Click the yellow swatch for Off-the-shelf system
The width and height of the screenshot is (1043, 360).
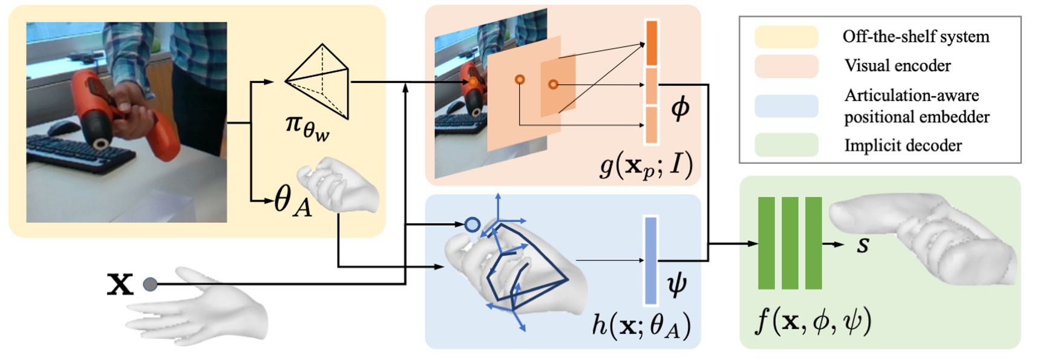point(786,37)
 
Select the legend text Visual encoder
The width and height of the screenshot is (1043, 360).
point(897,66)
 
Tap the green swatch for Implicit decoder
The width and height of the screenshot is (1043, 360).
point(786,145)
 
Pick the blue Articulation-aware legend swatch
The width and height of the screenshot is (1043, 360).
point(786,106)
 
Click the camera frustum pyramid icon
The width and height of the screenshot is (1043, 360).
point(319,81)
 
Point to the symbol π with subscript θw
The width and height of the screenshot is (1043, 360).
point(307,126)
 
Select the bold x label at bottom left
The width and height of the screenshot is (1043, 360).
point(120,284)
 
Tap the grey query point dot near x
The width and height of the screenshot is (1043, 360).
point(150,284)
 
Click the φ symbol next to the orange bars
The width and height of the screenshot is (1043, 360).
point(680,108)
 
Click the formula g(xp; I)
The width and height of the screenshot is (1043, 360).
point(646,164)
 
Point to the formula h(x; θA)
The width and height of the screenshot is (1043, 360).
point(641,326)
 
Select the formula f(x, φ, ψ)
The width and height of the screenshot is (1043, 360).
point(812,321)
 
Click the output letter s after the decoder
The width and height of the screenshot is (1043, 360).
point(863,244)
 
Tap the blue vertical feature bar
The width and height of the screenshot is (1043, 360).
point(650,261)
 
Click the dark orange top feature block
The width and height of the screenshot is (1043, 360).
point(652,43)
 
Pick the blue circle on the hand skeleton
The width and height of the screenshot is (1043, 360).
point(472,225)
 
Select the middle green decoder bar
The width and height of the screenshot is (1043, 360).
point(790,243)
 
